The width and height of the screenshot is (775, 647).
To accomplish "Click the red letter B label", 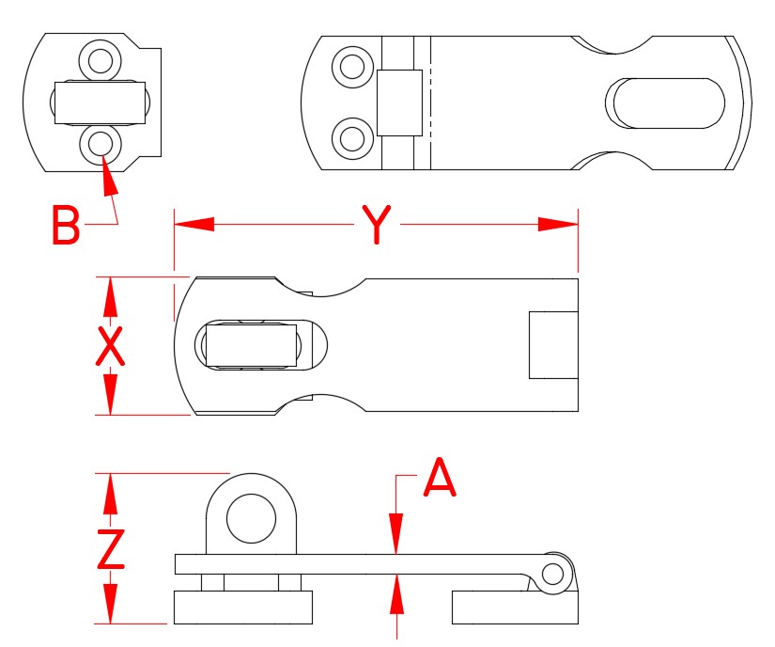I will click(65, 227).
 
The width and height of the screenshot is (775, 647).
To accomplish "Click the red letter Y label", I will click(375, 226).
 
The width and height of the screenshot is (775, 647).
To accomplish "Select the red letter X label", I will click(111, 347).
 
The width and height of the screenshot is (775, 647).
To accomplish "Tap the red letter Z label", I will click(111, 549).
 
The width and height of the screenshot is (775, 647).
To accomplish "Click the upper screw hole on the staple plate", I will click(99, 60).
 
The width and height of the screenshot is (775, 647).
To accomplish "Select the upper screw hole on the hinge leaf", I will click(352, 67).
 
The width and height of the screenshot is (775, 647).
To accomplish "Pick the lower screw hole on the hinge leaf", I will click(352, 138).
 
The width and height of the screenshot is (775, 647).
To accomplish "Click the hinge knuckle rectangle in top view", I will click(399, 103).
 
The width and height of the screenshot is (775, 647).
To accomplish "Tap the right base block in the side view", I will click(515, 608).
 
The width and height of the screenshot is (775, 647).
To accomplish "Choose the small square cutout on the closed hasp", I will click(552, 345).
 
